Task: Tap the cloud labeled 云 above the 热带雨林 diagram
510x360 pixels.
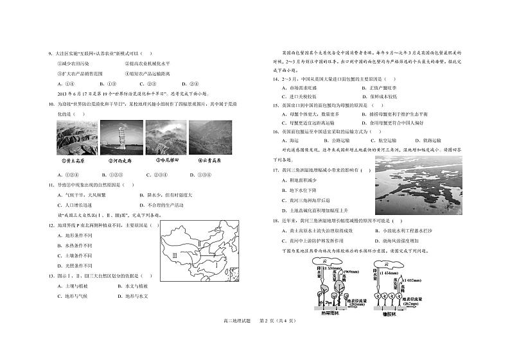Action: click(323, 262)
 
